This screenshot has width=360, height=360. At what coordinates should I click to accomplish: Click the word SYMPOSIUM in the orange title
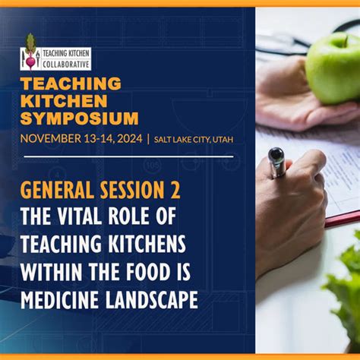point(80,118)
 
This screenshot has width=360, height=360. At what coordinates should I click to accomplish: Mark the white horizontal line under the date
point(127,156)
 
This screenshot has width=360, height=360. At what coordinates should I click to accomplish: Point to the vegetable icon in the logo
point(30,53)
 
